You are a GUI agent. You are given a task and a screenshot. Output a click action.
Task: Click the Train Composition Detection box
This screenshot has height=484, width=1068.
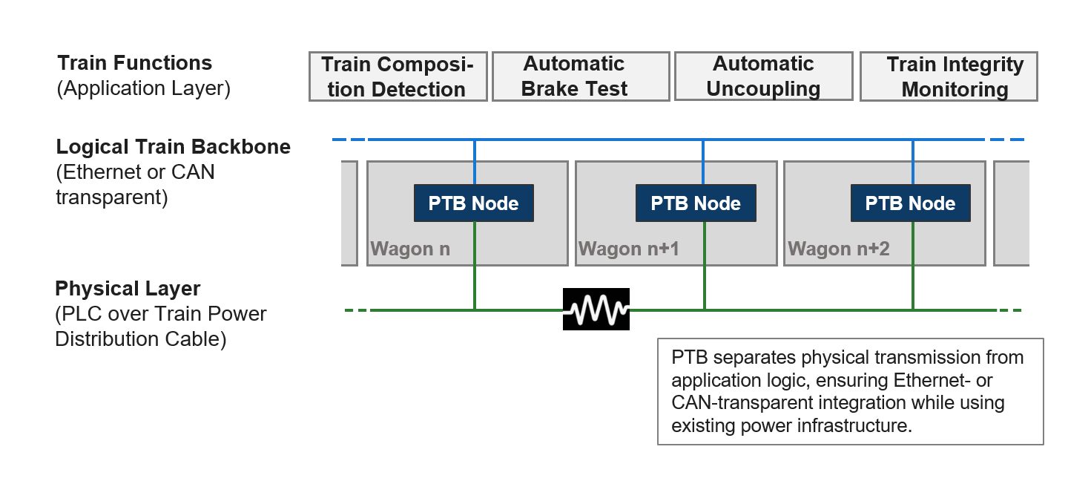[x=398, y=76]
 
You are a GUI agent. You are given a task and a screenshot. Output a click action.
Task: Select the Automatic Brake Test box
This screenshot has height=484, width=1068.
[x=581, y=76]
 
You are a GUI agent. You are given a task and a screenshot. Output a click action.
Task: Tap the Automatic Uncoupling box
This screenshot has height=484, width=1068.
[x=763, y=76]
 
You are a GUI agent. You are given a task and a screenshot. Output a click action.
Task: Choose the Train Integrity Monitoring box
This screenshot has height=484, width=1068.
[x=949, y=76]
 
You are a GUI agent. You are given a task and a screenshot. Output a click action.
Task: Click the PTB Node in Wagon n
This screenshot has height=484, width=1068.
[x=473, y=203]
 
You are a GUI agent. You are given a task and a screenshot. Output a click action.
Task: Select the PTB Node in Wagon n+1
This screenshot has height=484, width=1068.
[x=696, y=203]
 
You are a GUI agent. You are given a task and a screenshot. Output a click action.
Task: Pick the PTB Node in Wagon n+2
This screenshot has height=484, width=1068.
[x=911, y=203]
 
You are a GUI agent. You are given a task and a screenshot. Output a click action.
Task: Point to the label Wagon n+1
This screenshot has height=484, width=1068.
[x=628, y=249]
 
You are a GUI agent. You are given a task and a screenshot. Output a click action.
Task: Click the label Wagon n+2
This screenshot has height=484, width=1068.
[x=838, y=249]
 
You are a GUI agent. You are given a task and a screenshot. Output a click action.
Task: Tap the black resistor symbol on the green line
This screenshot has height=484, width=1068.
[x=596, y=310]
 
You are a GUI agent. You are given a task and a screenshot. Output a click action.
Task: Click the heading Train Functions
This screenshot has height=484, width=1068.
[x=134, y=63]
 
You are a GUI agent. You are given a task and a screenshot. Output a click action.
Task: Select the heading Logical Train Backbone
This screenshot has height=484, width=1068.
[x=174, y=147]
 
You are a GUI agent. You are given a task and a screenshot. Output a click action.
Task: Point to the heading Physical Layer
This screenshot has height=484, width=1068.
[x=128, y=288]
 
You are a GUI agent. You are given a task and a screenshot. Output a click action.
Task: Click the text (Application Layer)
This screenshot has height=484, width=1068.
[x=143, y=88]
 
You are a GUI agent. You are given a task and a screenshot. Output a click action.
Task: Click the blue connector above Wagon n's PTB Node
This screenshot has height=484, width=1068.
[x=475, y=162]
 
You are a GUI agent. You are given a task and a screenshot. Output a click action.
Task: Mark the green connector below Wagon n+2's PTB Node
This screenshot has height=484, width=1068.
[x=913, y=265]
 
